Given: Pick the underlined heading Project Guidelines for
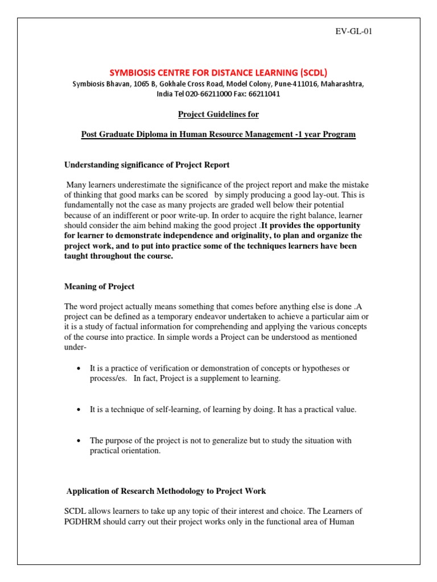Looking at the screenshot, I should (218, 114).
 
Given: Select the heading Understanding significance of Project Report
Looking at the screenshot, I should (146, 165).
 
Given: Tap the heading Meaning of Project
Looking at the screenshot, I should (99, 286).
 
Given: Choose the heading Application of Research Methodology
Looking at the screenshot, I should (166, 490).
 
